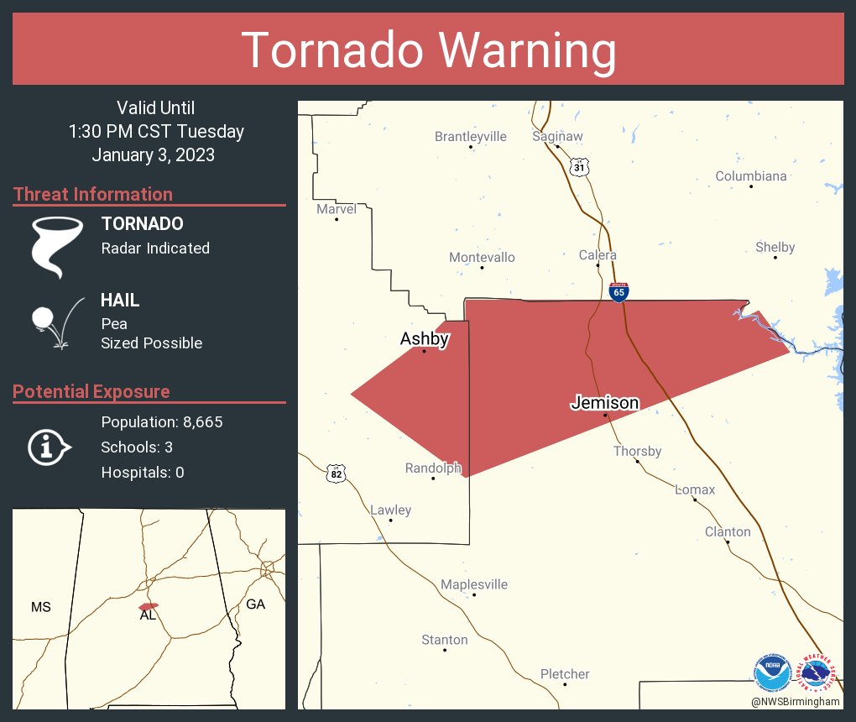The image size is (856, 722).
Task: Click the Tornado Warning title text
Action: click(x=428, y=50)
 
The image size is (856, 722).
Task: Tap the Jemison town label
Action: click(x=604, y=403)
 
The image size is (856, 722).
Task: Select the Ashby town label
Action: click(x=424, y=339)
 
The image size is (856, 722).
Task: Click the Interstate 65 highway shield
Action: click(x=619, y=291)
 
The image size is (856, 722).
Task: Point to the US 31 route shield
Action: click(x=579, y=167)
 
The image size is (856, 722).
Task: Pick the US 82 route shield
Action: click(x=337, y=474)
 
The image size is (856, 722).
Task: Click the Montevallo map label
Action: click(x=482, y=257)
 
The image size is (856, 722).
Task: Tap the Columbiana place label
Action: click(x=750, y=175)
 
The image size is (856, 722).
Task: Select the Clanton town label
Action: click(x=728, y=531)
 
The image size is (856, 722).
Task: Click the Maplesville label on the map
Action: click(x=474, y=584)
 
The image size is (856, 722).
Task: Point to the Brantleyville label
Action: click(x=470, y=136)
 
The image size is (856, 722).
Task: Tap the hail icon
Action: click(x=55, y=321)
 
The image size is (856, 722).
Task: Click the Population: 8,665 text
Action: click(x=161, y=422)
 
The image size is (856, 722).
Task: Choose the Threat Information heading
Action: click(x=93, y=194)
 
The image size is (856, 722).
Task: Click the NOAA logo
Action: click(x=772, y=673)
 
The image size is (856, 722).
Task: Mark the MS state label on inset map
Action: click(x=40, y=607)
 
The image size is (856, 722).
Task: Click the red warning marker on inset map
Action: click(x=149, y=605)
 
